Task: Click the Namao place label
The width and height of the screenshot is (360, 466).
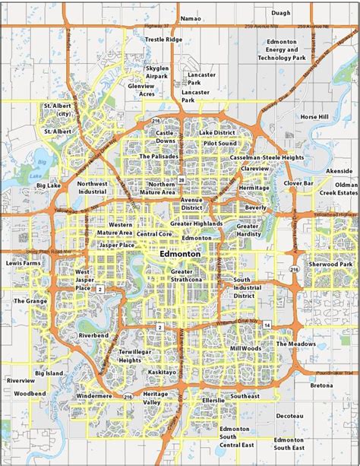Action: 191,17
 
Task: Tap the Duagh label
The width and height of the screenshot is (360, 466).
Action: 281,13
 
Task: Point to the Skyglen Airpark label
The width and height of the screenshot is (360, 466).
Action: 157,72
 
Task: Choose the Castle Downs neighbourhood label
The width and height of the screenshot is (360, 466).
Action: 166,137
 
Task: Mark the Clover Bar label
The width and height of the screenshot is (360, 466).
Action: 298,183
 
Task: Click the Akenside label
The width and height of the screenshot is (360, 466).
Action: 339,172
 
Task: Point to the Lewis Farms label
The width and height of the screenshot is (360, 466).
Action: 24,262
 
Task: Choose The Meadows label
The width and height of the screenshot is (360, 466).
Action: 295,344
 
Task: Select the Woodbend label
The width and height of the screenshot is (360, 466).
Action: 30,393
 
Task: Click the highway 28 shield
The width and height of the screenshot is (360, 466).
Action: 182,179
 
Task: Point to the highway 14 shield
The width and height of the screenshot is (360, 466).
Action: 267,324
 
